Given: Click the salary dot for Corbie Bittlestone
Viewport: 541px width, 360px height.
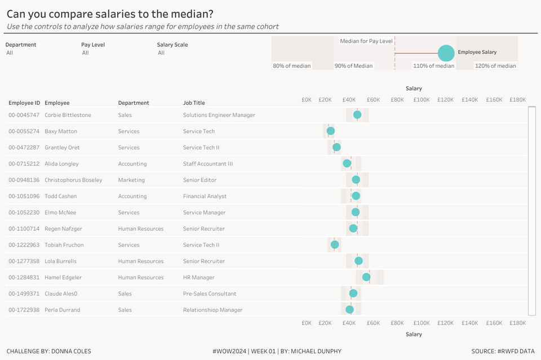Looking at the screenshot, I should click(x=357, y=115).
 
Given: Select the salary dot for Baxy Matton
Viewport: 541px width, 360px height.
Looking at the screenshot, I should click(x=331, y=131).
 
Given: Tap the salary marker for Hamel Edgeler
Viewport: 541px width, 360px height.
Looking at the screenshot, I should click(x=366, y=277).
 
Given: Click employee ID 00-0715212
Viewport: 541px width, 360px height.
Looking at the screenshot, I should click(x=24, y=164).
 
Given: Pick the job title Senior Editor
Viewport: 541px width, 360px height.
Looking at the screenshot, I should click(x=199, y=180).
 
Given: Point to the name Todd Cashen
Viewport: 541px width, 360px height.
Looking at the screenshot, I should click(x=60, y=197).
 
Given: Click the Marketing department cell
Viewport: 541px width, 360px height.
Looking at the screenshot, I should click(x=131, y=180).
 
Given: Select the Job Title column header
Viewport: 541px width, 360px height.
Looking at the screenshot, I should click(x=194, y=103).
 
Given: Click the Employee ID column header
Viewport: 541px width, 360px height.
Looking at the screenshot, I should click(x=24, y=103).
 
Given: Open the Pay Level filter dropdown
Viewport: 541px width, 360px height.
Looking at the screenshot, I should click(x=86, y=53).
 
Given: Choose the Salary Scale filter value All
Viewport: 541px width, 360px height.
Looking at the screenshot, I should click(x=161, y=53).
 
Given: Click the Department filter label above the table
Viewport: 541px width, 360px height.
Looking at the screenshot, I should click(x=21, y=45).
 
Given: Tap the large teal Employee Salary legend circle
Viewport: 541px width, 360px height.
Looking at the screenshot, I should click(x=446, y=53).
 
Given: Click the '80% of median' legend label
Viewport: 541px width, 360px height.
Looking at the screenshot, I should click(x=291, y=66).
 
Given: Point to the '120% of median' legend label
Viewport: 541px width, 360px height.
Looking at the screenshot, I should click(x=495, y=66).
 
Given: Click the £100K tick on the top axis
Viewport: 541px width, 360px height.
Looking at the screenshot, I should click(x=422, y=100).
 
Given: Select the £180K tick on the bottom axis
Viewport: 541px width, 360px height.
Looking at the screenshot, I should click(x=517, y=323).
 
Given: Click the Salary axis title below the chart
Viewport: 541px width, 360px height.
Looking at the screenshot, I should click(x=414, y=335).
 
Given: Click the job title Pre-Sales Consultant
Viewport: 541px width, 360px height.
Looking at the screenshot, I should click(x=210, y=294).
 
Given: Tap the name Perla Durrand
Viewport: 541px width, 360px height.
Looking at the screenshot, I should click(x=62, y=310).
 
